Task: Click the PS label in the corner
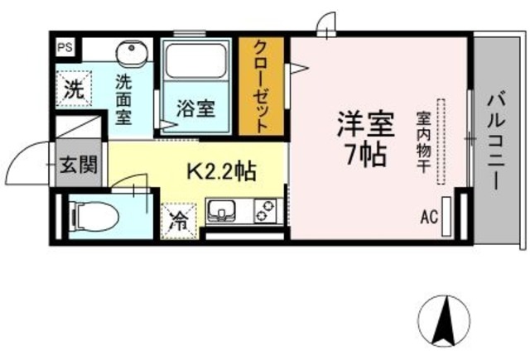tap(65, 48)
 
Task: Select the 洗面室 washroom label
tap(123, 99)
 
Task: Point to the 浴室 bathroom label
tap(195, 108)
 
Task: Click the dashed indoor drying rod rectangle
tap(441, 142)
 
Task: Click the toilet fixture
tap(95, 217)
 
